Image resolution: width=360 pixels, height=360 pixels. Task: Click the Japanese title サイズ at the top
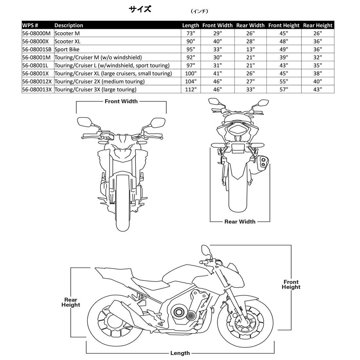[140, 9]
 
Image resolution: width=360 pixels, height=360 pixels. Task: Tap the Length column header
[190, 25]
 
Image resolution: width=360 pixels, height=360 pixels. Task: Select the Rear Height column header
[317, 25]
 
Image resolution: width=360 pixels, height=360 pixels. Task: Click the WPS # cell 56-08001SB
[37, 49]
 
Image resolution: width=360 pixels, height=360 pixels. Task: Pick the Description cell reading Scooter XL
[67, 41]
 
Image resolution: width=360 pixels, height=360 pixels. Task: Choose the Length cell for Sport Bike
[190, 49]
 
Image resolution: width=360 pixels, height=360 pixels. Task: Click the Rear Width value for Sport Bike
[250, 49]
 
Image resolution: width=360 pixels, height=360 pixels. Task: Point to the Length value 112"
[190, 89]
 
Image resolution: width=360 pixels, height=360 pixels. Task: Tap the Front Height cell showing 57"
[283, 89]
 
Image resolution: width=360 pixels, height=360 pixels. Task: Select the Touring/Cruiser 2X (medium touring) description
[99, 81]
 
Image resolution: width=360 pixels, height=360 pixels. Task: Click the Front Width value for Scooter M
[217, 33]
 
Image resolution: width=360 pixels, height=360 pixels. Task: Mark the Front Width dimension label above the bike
[121, 101]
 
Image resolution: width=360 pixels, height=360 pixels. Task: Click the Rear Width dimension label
[240, 222]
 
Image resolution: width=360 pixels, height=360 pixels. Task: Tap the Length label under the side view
[180, 353]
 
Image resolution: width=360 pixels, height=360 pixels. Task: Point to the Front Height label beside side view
[291, 284]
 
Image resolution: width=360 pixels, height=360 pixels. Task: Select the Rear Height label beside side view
[70, 302]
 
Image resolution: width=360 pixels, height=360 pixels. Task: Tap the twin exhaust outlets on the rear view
[262, 162]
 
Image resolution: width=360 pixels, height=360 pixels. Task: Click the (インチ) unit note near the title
[199, 11]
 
